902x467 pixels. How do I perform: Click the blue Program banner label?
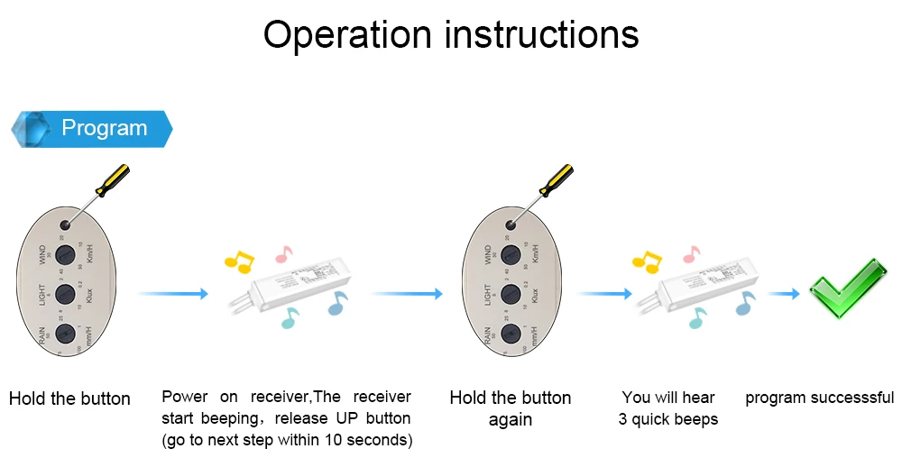[x=103, y=128]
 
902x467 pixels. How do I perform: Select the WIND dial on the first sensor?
[x=63, y=253]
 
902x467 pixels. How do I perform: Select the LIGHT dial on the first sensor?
[x=63, y=294]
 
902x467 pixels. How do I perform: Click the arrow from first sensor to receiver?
[x=173, y=294]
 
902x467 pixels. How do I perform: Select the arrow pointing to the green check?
[x=784, y=294]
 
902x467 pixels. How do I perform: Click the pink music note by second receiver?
[x=692, y=253]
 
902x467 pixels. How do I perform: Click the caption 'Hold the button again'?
[x=510, y=408]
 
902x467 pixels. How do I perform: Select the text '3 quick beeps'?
[x=668, y=419]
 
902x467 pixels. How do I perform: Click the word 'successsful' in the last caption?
[x=853, y=398]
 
